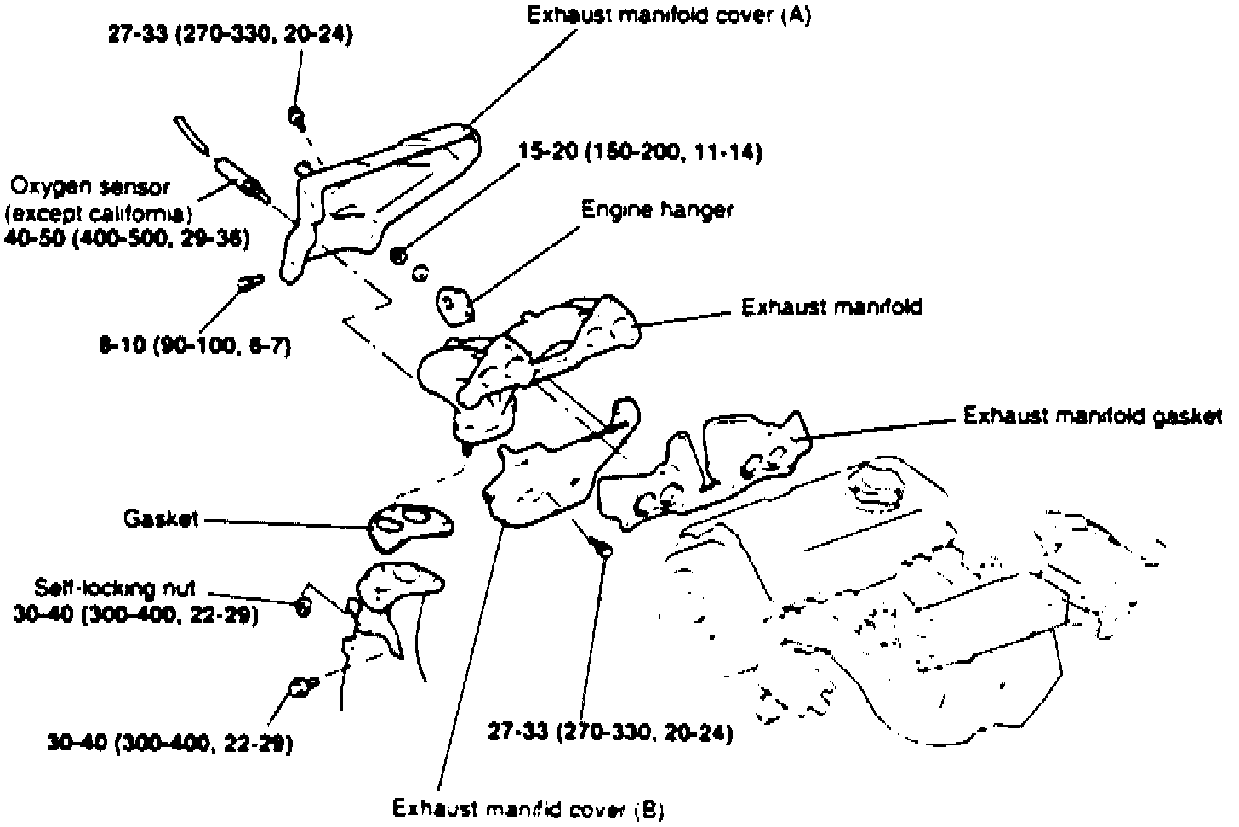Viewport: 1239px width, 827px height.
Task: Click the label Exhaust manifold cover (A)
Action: (x=668, y=16)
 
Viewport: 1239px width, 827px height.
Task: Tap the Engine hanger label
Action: (x=656, y=209)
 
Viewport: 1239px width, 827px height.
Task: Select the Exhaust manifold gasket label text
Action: (x=1092, y=416)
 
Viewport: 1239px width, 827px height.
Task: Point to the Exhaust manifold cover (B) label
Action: (x=528, y=808)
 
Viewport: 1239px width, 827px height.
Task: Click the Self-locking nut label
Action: (x=116, y=588)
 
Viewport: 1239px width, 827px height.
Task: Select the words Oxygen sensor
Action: (x=91, y=185)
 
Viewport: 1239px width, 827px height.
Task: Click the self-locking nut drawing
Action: (x=301, y=606)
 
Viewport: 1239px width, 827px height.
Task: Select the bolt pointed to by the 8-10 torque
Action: (x=248, y=282)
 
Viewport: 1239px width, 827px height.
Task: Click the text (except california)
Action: (x=99, y=212)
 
